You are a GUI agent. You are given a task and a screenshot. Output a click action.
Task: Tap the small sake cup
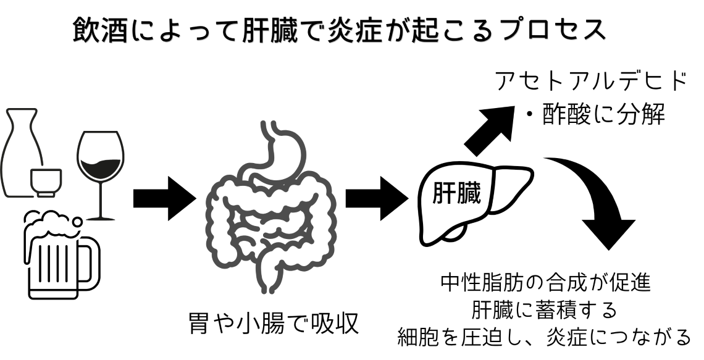pyautogui.click(x=46, y=182)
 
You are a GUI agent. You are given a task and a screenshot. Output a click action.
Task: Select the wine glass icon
pyautogui.click(x=100, y=175)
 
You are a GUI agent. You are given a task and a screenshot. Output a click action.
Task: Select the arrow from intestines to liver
pyautogui.click(x=377, y=198)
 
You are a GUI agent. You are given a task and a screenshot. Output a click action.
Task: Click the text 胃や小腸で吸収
pyautogui.click(x=274, y=323)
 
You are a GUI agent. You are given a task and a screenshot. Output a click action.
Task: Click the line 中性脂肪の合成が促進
pyautogui.click(x=545, y=283)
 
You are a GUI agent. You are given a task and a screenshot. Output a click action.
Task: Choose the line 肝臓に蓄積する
pyautogui.click(x=545, y=310)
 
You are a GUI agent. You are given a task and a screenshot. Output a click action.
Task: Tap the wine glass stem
pyautogui.click(x=100, y=199)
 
